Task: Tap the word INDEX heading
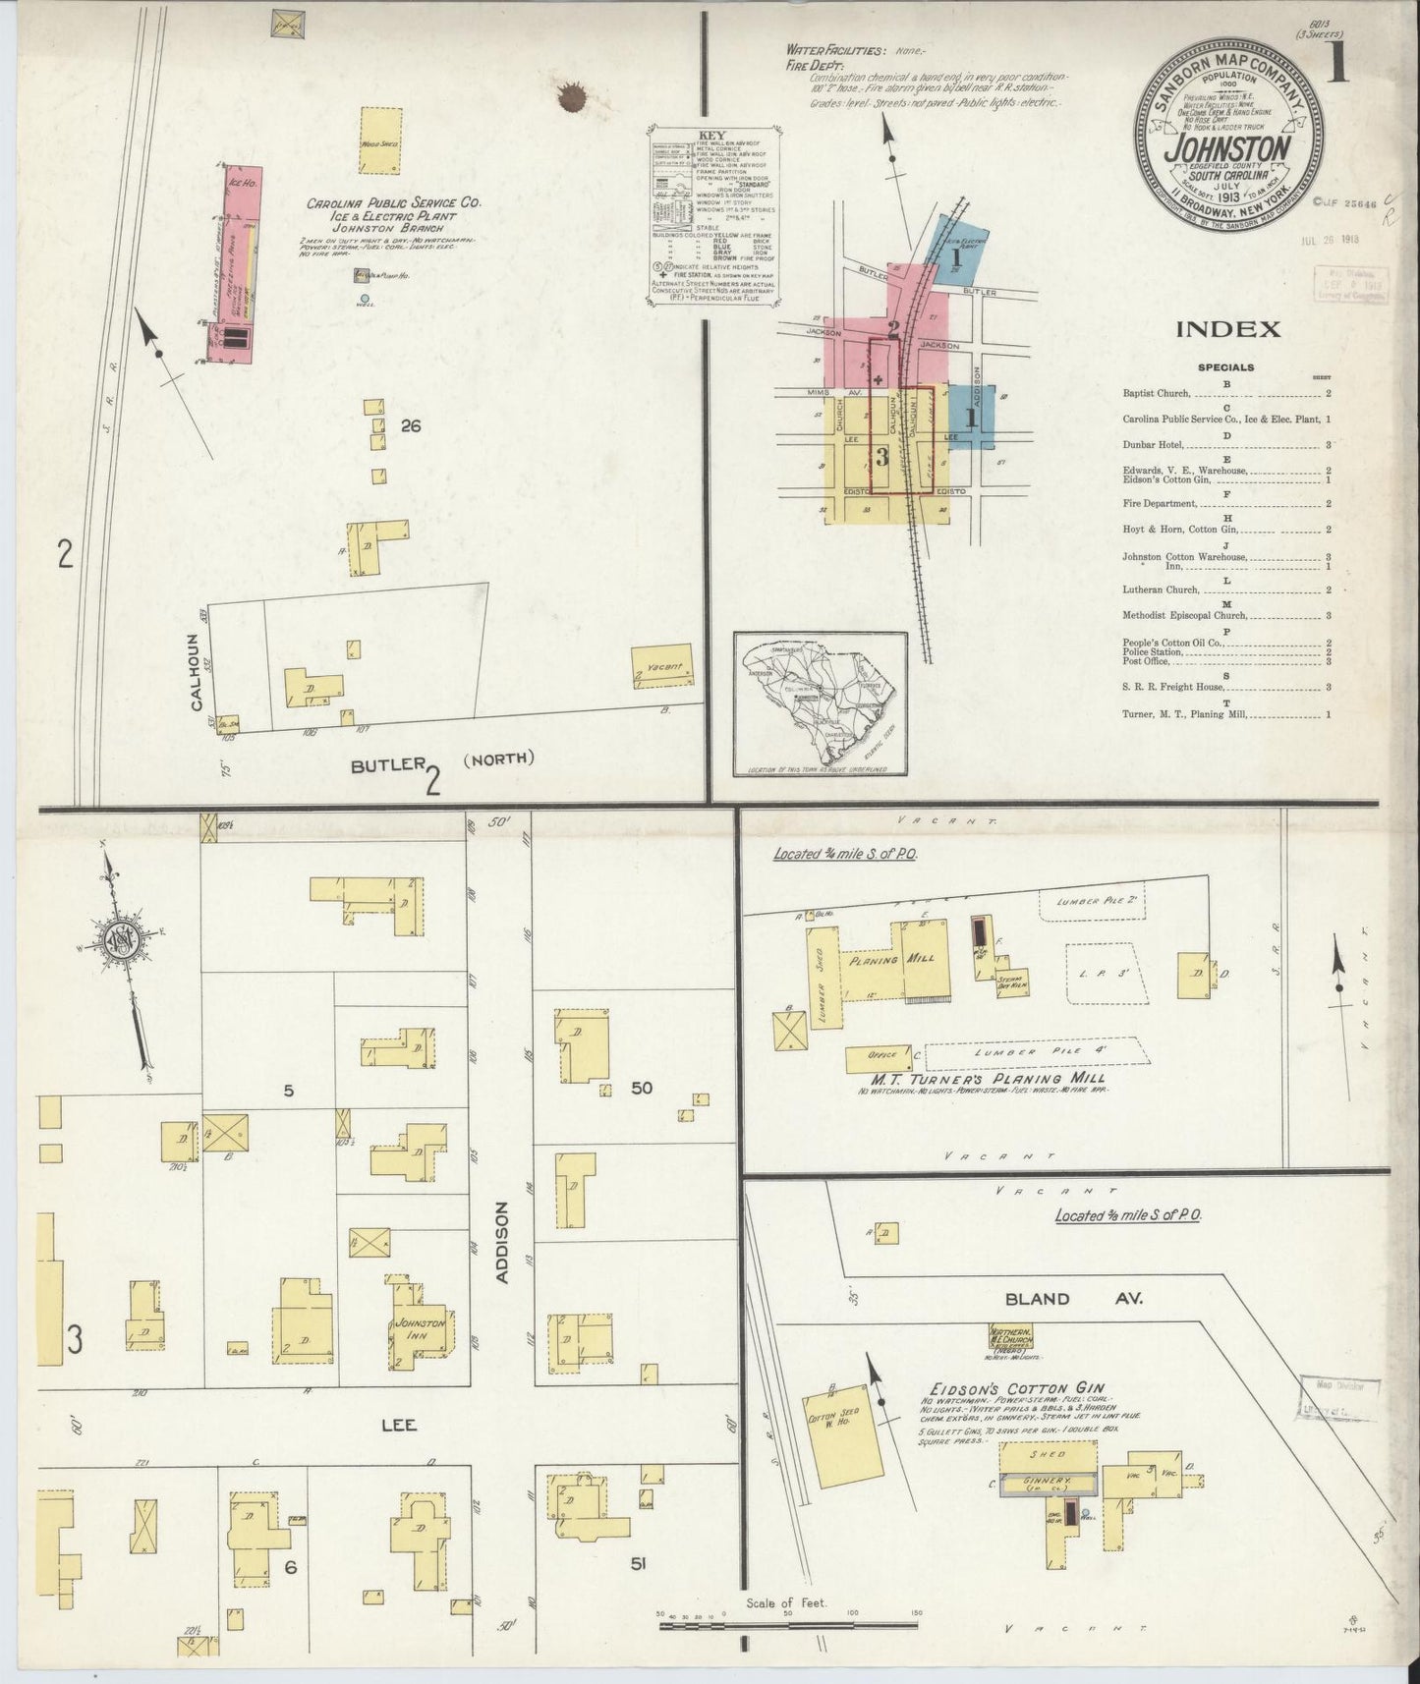click(1228, 330)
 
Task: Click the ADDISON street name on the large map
click(504, 1242)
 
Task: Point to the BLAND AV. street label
click(1073, 1298)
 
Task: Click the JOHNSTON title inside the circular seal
click(1227, 147)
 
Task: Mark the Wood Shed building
click(379, 142)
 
